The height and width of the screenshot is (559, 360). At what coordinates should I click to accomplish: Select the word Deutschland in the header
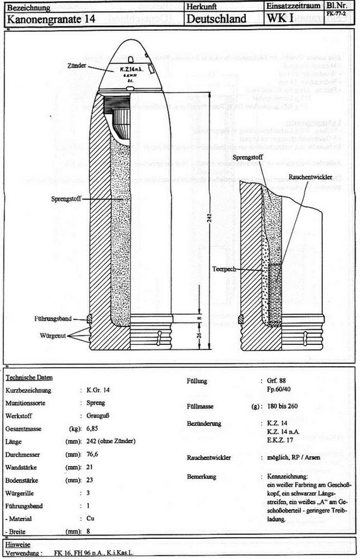pos(217,19)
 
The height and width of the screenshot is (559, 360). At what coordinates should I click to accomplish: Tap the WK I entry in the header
pos(280,19)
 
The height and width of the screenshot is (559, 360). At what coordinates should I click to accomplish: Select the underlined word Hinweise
pos(18,544)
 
